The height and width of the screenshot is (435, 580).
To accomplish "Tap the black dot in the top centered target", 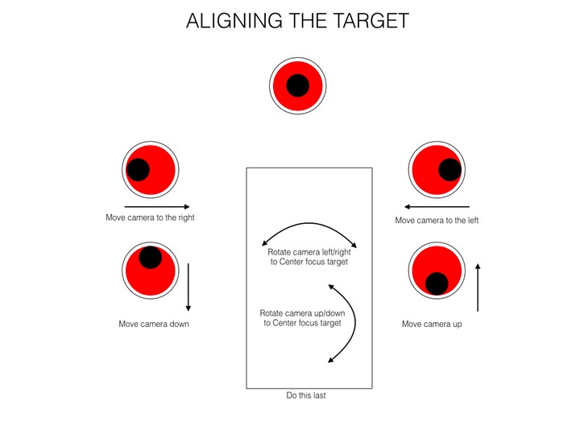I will pos(298,85).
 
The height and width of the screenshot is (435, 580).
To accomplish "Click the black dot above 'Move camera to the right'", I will pos(138,169).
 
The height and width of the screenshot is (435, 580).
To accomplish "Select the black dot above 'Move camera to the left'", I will pos(449,170).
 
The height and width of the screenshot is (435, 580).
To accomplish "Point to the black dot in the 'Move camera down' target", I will pos(150,257).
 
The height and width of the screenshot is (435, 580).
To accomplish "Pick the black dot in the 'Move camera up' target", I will pos(437,284).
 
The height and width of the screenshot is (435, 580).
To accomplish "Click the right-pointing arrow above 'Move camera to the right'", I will pos(157,207).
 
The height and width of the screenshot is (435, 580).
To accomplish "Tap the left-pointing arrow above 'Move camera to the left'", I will pos(437,206).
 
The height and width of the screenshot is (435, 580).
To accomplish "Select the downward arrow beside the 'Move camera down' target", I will pos(188,287).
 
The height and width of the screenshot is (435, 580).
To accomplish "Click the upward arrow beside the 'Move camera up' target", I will pos(478,287).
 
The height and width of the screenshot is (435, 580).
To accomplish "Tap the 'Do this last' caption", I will pos(307,396).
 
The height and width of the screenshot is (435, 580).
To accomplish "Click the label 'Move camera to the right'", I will pos(150,217).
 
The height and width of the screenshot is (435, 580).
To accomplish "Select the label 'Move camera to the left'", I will pos(437,220).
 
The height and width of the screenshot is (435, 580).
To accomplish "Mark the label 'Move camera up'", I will pos(432,325).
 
